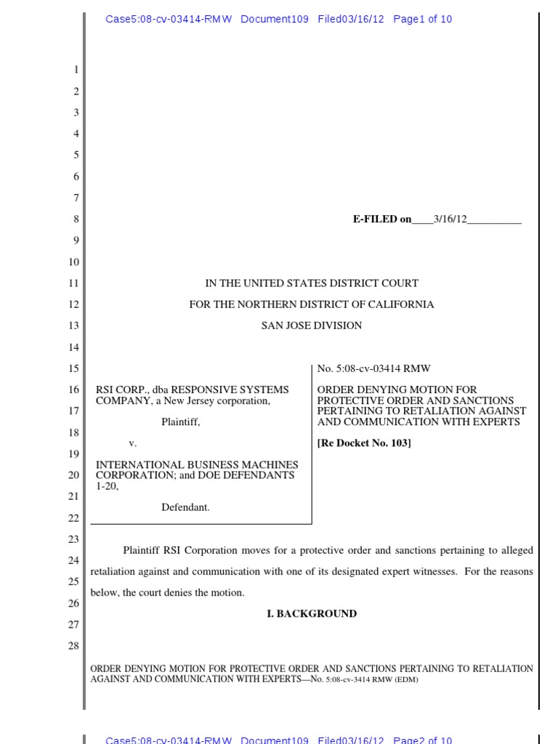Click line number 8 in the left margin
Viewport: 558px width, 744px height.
pos(76,219)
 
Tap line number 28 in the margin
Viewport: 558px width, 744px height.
pos(73,645)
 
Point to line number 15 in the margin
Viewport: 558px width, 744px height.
pos(73,368)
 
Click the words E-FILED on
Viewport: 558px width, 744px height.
pos(382,219)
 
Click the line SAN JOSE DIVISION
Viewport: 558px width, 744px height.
pos(312,325)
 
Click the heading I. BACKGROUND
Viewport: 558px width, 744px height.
pos(312,614)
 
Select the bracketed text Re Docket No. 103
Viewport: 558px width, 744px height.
pos(364,443)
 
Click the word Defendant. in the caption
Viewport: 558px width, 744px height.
pos(185,507)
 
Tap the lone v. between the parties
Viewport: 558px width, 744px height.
pos(132,442)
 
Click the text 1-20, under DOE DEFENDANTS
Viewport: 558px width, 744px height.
pos(107,486)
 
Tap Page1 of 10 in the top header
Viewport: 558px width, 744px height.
pos(422,20)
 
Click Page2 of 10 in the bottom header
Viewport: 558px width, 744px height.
pos(422,740)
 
